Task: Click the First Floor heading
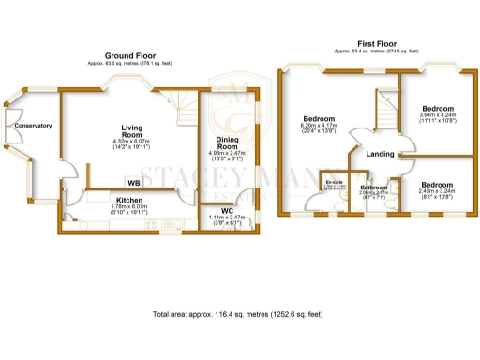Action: (379, 43)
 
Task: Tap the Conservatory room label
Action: (33, 125)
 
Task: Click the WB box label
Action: (134, 182)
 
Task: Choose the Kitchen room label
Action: (129, 200)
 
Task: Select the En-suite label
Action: (334, 180)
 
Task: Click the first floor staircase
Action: (385, 110)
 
